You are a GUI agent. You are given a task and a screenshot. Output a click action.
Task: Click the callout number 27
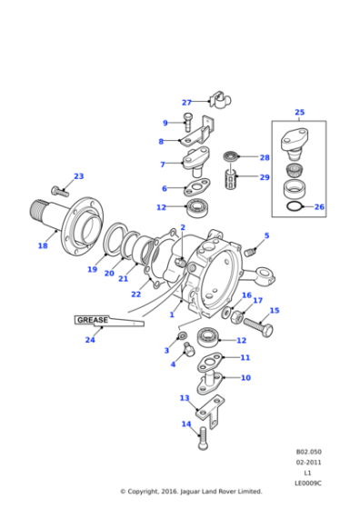tap(186, 103)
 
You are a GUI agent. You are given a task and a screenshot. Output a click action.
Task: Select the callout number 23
tap(78, 176)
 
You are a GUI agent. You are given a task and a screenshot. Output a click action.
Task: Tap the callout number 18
tap(42, 245)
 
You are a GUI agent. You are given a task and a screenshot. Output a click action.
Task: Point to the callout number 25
tap(299, 113)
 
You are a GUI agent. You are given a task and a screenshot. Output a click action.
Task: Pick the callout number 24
tap(89, 340)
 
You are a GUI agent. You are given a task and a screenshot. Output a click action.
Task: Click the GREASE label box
tap(92, 320)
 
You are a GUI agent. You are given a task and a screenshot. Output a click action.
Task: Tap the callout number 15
tap(275, 311)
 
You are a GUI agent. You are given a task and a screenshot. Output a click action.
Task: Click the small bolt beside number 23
tap(58, 191)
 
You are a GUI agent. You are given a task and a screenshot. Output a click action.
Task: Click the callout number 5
tap(266, 236)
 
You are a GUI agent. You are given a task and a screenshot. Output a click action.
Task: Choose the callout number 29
tap(265, 178)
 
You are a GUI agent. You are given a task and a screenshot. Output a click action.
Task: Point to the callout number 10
tap(245, 377)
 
